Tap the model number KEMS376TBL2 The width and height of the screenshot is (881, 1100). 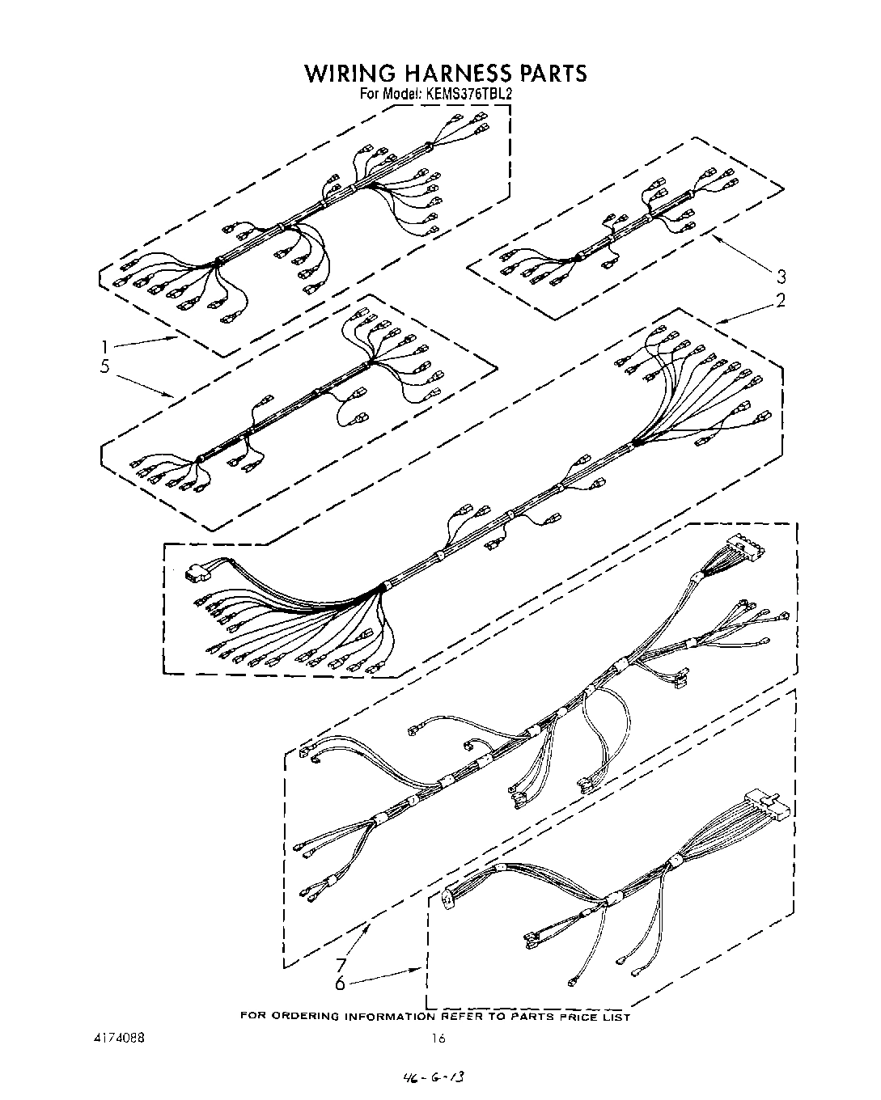tap(468, 93)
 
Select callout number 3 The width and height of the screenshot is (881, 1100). tap(781, 275)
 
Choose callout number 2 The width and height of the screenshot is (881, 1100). tap(781, 301)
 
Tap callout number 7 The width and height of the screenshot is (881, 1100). tap(341, 965)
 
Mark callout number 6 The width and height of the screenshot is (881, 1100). tap(341, 984)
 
